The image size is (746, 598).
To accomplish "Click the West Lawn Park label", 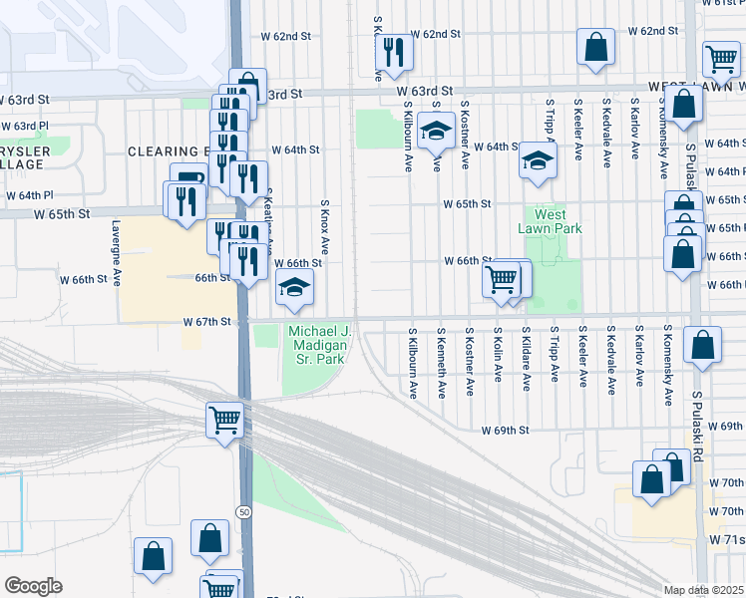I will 550,220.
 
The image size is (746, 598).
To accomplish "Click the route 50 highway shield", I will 243,511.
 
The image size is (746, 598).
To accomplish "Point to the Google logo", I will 33,586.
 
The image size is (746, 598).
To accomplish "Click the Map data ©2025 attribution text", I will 704,590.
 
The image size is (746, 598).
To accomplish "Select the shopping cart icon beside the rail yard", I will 225,420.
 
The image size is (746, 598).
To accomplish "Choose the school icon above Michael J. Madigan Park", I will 294,288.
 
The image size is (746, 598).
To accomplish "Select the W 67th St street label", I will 207,322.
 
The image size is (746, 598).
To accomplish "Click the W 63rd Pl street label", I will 25,127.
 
